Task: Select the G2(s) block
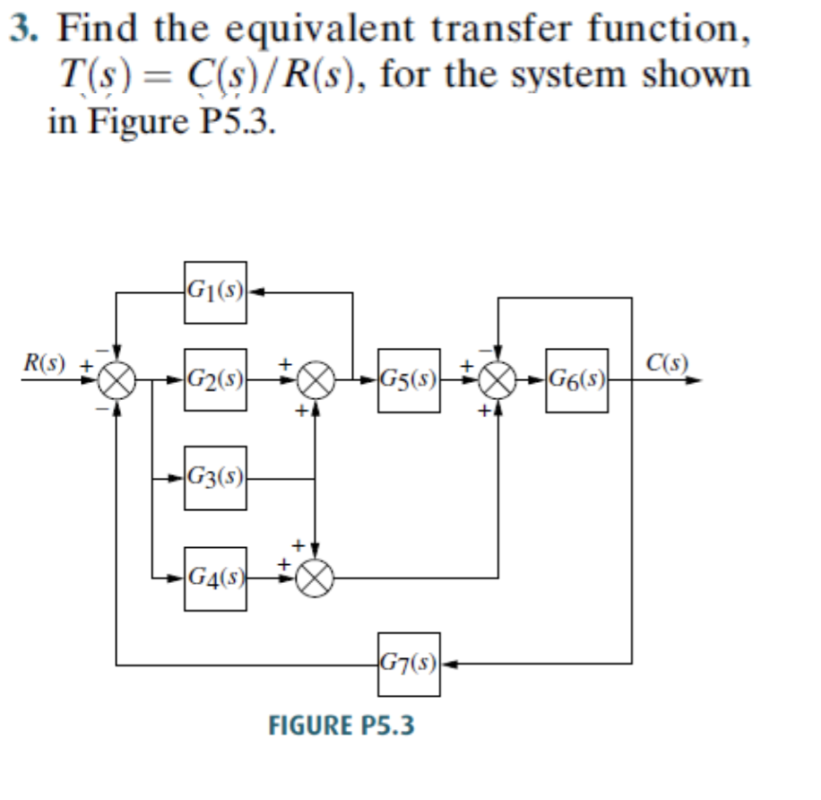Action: (215, 379)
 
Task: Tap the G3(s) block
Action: (215, 477)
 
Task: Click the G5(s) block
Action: (409, 379)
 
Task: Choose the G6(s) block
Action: (576, 379)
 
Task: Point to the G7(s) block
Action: (409, 665)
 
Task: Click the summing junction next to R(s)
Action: (117, 380)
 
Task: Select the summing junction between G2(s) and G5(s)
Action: (315, 380)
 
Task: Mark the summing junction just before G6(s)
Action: (499, 380)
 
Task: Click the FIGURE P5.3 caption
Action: (342, 725)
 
